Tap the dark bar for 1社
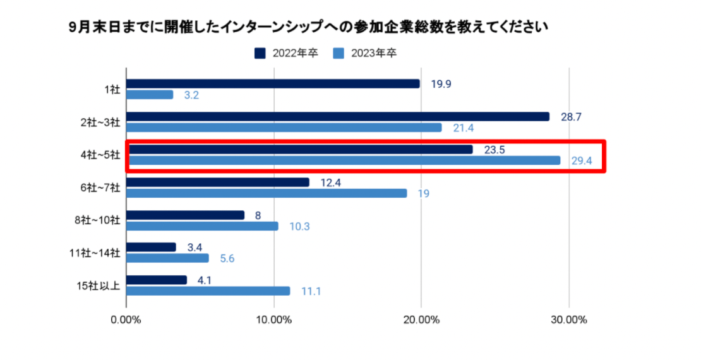pyautogui.click(x=273, y=83)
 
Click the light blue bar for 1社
pyautogui.click(x=150, y=95)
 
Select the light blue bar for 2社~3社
pyautogui.click(x=284, y=128)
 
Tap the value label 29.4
pyautogui.click(x=582, y=161)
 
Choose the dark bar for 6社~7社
pyautogui.click(x=218, y=182)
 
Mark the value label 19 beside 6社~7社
pyautogui.click(x=423, y=194)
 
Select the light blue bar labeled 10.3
pyautogui.click(x=202, y=226)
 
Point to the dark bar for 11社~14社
pyautogui.click(x=151, y=247)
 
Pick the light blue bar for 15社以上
pyautogui.click(x=208, y=291)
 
